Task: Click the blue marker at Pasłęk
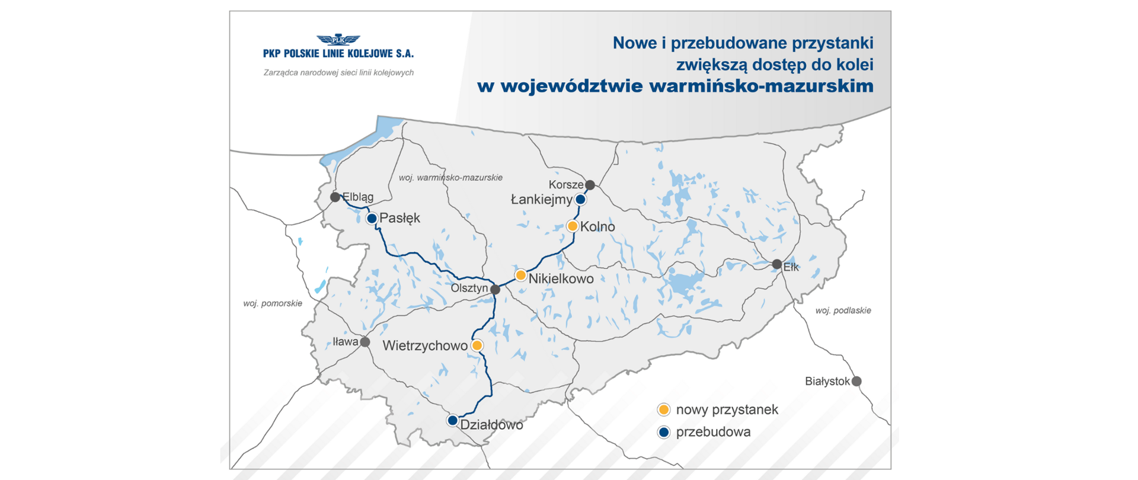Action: pyautogui.click(x=372, y=219)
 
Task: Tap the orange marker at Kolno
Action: pyautogui.click(x=573, y=226)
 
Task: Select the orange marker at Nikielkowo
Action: pyautogui.click(x=520, y=275)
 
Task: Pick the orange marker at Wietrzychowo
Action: pyautogui.click(x=477, y=345)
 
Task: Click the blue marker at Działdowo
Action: pyautogui.click(x=452, y=421)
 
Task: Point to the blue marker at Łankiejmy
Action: pyautogui.click(x=581, y=200)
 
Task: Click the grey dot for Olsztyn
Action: pyautogui.click(x=496, y=290)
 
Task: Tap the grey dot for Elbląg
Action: pyautogui.click(x=335, y=197)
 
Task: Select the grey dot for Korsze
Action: pyautogui.click(x=590, y=185)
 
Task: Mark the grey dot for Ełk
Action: pyautogui.click(x=777, y=264)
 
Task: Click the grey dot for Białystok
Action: pyautogui.click(x=856, y=382)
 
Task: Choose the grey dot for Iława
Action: pyautogui.click(x=365, y=342)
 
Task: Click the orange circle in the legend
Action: pyautogui.click(x=664, y=409)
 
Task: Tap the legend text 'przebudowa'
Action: pyautogui.click(x=713, y=432)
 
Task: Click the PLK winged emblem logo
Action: pyautogui.click(x=338, y=40)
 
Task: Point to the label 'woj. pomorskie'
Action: pyautogui.click(x=273, y=303)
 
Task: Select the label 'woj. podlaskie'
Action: pyautogui.click(x=843, y=311)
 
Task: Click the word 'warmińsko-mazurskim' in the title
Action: pyautogui.click(x=761, y=87)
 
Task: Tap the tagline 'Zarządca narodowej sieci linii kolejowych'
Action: pyautogui.click(x=338, y=73)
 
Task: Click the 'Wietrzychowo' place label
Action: pyautogui.click(x=424, y=346)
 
